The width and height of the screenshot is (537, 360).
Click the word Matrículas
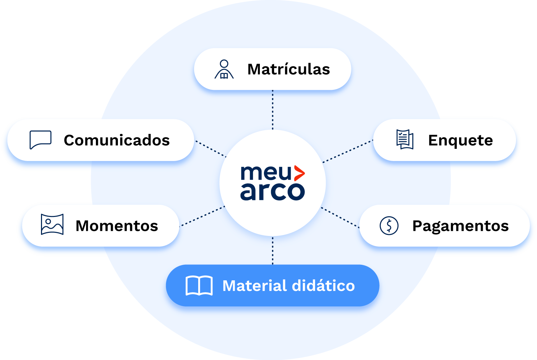click(289, 69)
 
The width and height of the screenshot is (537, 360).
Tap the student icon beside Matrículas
click(224, 69)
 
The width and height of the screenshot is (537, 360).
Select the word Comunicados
click(117, 140)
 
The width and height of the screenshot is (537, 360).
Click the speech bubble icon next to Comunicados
click(41, 140)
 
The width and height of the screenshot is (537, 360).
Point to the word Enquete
click(460, 140)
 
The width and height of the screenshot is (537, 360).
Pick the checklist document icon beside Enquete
click(405, 139)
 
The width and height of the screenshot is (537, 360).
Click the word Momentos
click(117, 226)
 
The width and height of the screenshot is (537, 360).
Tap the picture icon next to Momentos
click(52, 224)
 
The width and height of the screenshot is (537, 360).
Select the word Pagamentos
click(460, 226)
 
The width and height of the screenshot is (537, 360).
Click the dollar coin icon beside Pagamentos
click(389, 225)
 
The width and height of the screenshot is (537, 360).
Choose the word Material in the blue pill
click(254, 286)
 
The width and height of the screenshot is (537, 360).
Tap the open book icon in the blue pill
click(199, 286)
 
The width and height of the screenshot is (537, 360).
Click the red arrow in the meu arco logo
click(299, 173)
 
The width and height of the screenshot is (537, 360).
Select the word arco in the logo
click(272, 192)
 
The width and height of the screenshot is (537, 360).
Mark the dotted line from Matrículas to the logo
click(273, 109)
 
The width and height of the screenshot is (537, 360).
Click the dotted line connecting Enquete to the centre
click(348, 151)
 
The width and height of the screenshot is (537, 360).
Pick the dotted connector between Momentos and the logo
click(202, 216)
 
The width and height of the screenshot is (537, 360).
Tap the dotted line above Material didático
click(273, 251)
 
